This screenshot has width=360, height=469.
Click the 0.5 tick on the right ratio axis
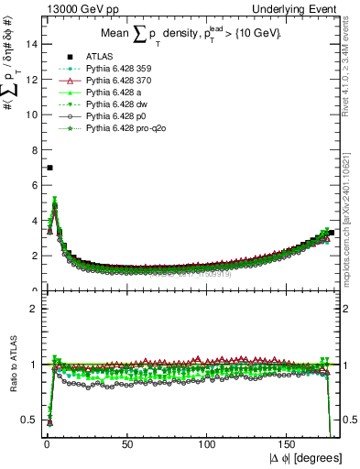point(348,420)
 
